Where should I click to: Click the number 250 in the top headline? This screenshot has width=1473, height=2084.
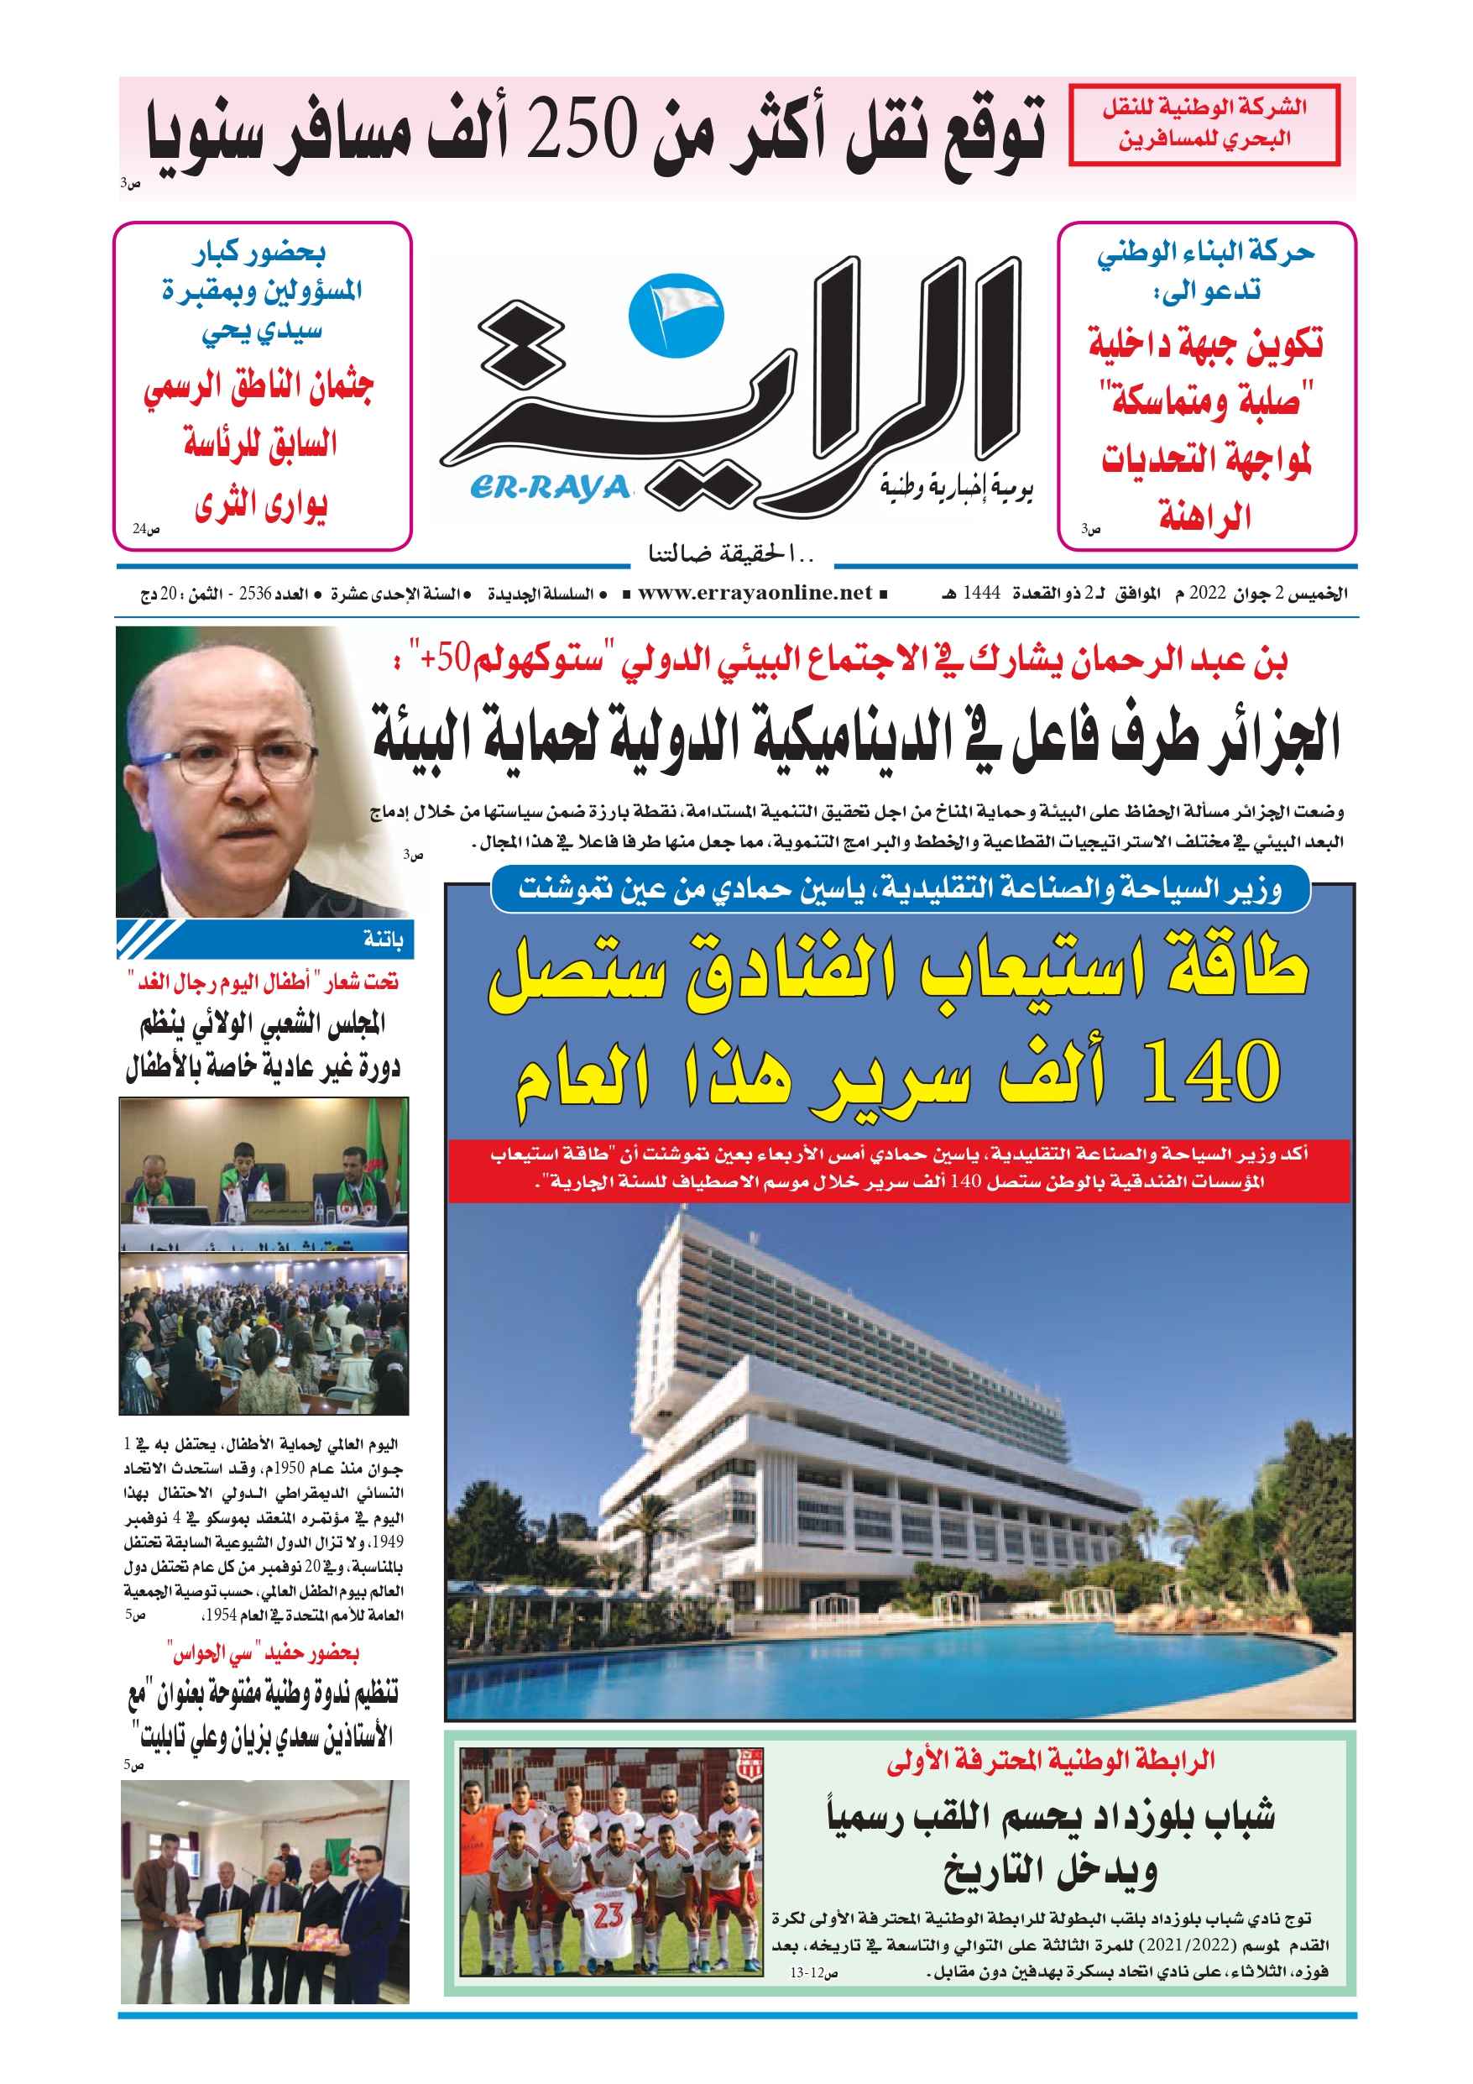point(582,130)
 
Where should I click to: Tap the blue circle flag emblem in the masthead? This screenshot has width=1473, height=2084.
point(676,314)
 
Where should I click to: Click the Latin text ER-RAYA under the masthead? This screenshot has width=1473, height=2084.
point(550,489)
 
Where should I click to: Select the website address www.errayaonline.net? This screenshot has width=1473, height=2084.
point(755,594)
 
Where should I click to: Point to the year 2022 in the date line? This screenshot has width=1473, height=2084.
point(1207,594)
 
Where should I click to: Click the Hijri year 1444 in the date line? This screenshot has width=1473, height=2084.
point(981,594)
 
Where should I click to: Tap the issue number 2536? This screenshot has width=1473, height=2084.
point(256,594)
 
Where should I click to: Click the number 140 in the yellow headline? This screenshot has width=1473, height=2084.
point(1212,1072)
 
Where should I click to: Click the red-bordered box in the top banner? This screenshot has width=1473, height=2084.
point(1204,124)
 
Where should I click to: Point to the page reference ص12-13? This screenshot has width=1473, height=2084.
point(813,1972)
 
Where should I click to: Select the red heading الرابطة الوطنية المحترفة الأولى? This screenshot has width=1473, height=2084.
point(1050,1762)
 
